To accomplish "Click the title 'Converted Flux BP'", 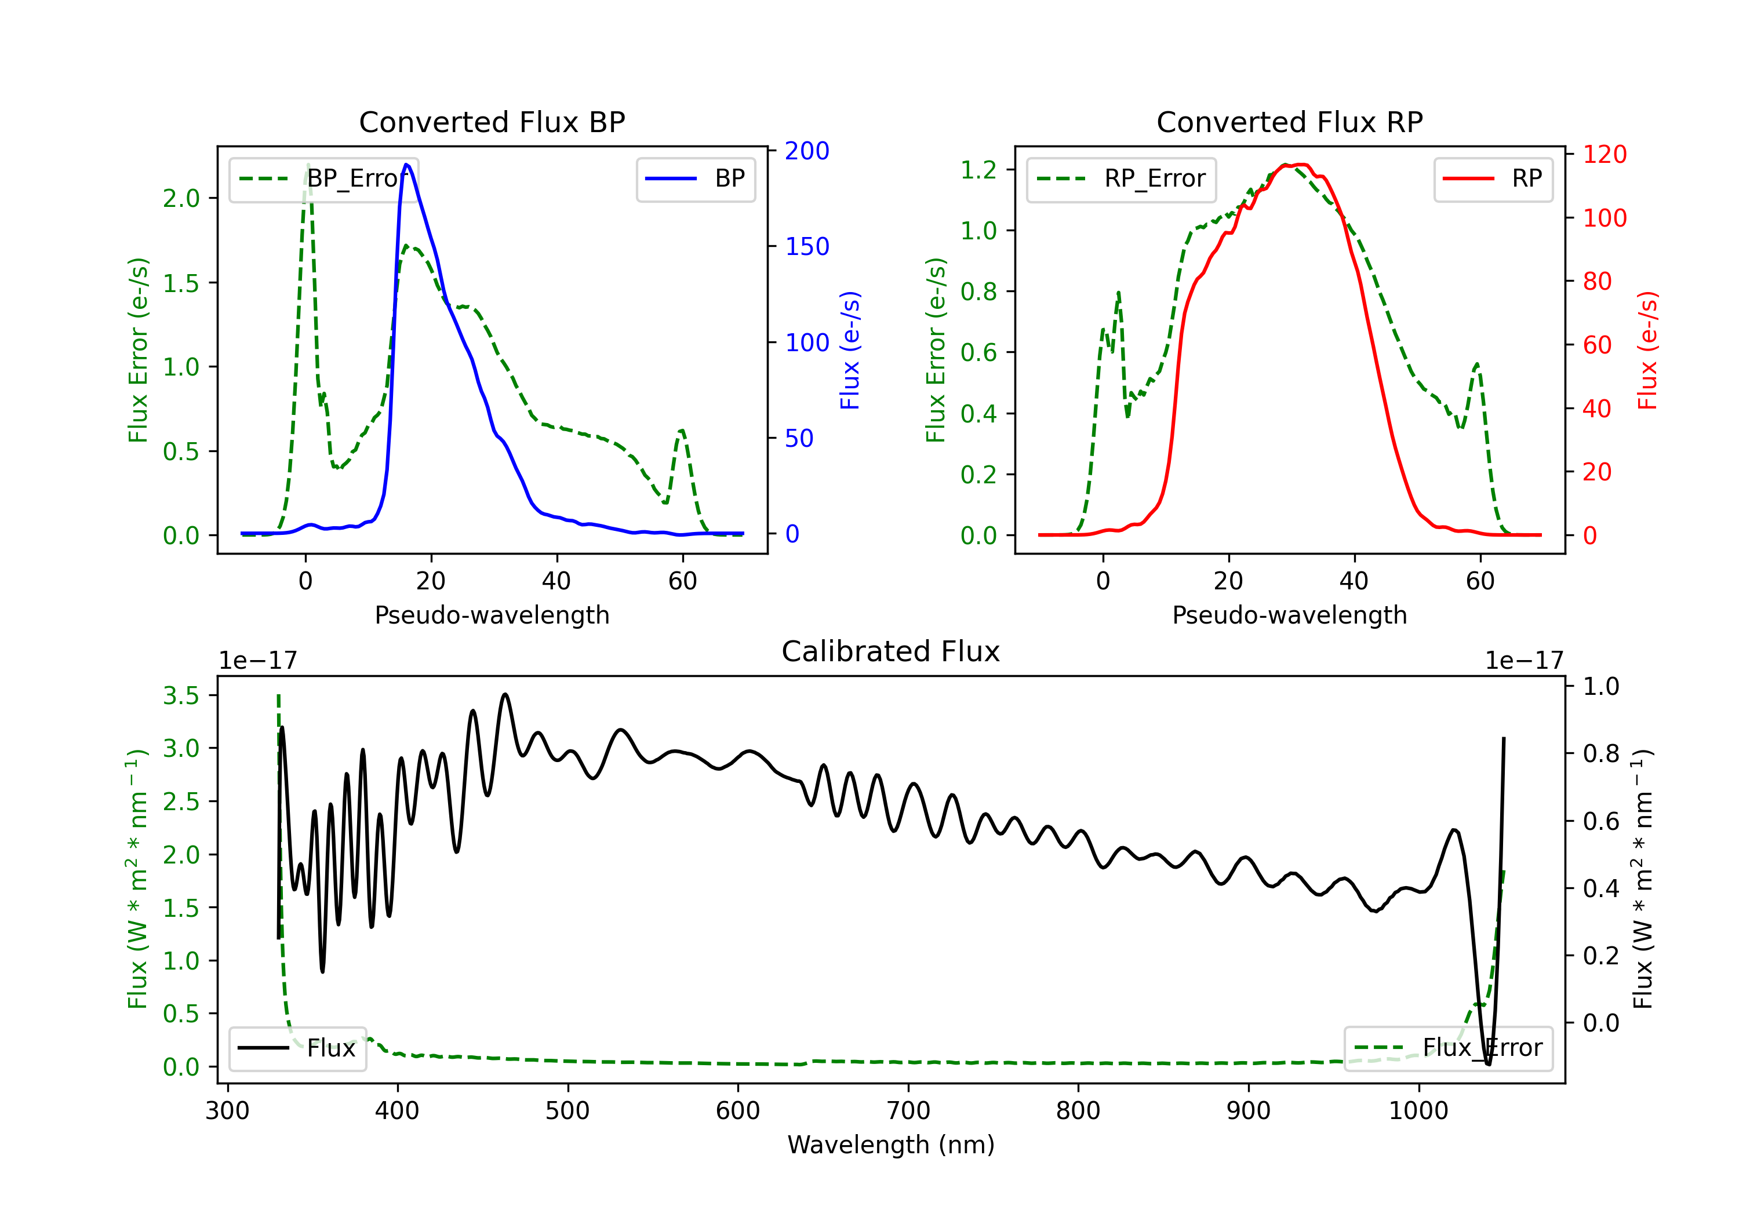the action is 492,122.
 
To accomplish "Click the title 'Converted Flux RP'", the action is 1289,122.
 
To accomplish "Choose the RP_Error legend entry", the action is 1121,178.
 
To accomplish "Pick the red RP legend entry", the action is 1493,178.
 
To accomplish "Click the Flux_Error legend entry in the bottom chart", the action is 1447,1048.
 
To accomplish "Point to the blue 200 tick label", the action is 807,151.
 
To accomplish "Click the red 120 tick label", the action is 1605,155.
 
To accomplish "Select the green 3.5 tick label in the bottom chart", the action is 181,695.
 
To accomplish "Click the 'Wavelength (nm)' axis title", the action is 891,1145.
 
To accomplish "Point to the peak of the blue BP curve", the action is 407,165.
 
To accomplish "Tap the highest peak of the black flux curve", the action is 505,694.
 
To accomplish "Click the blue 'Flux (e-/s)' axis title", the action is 850,351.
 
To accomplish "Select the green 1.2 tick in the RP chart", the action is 978,170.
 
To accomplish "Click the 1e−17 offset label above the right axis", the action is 1524,661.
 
